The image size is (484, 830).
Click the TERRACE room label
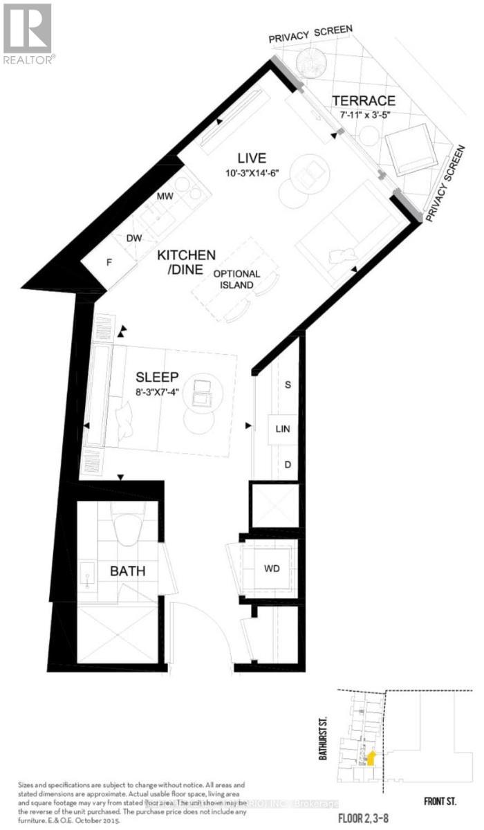click(x=362, y=100)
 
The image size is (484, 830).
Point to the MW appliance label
click(x=165, y=196)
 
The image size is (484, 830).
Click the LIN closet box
click(x=282, y=429)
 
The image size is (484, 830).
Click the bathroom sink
click(x=87, y=574)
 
